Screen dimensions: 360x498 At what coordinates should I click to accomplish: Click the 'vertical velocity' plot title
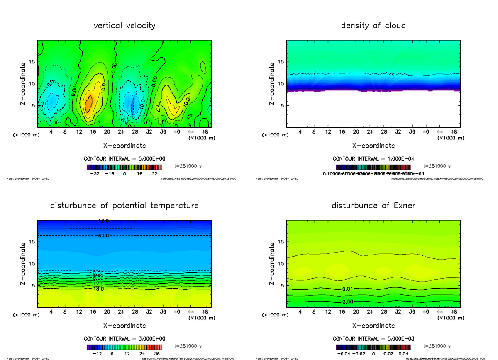coord(124,26)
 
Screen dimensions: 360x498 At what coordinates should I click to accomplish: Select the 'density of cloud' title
coord(373,26)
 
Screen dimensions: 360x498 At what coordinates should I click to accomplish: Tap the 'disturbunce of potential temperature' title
coord(124,206)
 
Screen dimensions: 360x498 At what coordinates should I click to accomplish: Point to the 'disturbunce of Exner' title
coord(373,206)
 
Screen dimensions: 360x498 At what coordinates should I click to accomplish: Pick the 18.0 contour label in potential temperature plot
coord(98,289)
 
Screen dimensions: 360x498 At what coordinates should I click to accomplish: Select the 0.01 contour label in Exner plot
coord(348,289)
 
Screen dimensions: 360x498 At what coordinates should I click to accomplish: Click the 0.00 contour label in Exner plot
coord(348,302)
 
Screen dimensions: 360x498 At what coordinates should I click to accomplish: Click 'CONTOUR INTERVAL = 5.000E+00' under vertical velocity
coord(124,159)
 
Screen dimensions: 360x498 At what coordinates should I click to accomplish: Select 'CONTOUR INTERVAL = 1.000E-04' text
coord(373,159)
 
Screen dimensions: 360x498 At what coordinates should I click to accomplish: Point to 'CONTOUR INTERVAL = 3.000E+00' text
coord(124,338)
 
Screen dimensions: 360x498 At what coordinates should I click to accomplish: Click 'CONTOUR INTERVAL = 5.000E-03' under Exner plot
coord(373,338)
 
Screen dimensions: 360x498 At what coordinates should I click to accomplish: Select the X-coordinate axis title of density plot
coord(373,146)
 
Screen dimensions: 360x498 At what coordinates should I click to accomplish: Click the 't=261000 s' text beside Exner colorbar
coord(437,346)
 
